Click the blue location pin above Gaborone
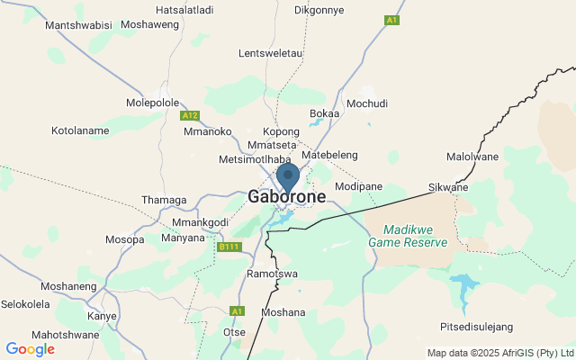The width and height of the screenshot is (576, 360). click(287, 175)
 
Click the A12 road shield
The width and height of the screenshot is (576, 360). click(189, 115)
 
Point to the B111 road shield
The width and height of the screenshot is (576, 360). click(229, 246)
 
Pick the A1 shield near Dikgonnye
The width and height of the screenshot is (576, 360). click(391, 20)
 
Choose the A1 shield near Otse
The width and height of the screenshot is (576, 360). click(237, 310)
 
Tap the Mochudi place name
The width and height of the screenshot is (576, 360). click(366, 103)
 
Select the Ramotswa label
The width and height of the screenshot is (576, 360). click(272, 274)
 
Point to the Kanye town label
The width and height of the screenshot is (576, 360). click(102, 317)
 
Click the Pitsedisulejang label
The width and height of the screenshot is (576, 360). click(475, 325)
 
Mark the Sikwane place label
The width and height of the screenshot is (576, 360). click(448, 187)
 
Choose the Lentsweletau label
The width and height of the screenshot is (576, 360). click(271, 53)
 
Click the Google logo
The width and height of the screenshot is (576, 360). click(30, 349)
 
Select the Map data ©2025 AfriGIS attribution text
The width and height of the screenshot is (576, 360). click(499, 353)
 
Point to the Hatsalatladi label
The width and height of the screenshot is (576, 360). click(184, 10)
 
